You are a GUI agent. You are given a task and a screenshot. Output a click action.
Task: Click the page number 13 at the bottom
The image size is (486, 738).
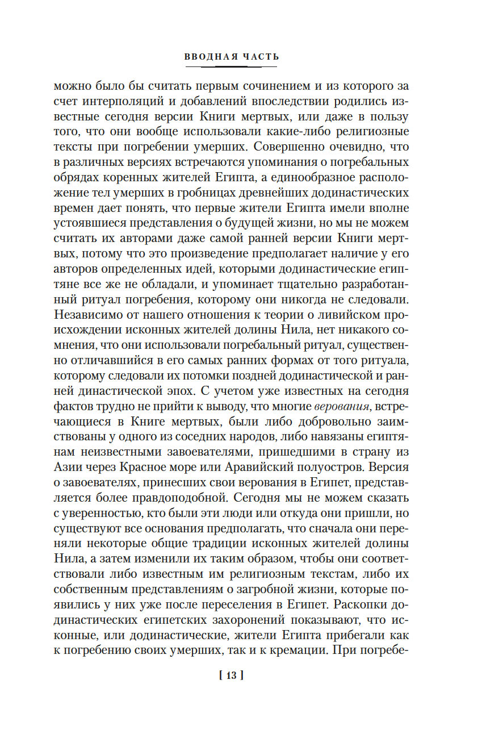(x=232, y=676)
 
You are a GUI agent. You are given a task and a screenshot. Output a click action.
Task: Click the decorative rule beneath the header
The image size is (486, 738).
(x=232, y=67)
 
